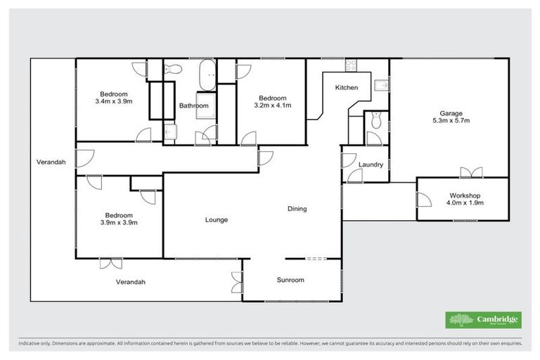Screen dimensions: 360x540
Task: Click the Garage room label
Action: [451, 113]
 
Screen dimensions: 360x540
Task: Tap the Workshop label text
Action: [465, 195]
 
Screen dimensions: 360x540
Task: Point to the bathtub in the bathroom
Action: [207, 73]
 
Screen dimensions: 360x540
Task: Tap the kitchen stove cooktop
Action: [351, 66]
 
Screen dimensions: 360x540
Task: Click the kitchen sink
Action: [381, 85]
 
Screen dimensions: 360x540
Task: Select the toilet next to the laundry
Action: [376, 122]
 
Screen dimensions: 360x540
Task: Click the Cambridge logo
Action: [483, 320]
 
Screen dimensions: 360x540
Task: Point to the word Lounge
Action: [216, 220]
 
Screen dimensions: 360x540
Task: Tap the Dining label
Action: [297, 209]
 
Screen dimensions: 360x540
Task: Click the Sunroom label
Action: [290, 280]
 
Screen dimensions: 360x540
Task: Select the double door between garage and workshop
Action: [471, 173]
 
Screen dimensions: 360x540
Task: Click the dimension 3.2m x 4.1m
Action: [272, 105]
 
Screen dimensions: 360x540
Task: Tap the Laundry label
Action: [370, 165]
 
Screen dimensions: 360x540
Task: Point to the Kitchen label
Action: [347, 88]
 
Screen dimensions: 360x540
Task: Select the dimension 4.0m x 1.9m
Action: [465, 203]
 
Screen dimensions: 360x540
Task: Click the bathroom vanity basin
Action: [169, 131]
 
